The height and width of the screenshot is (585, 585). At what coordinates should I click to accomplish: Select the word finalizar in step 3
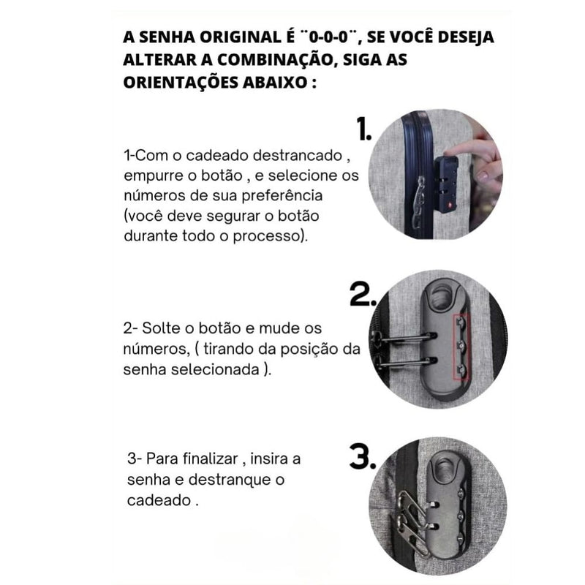click(213, 459)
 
